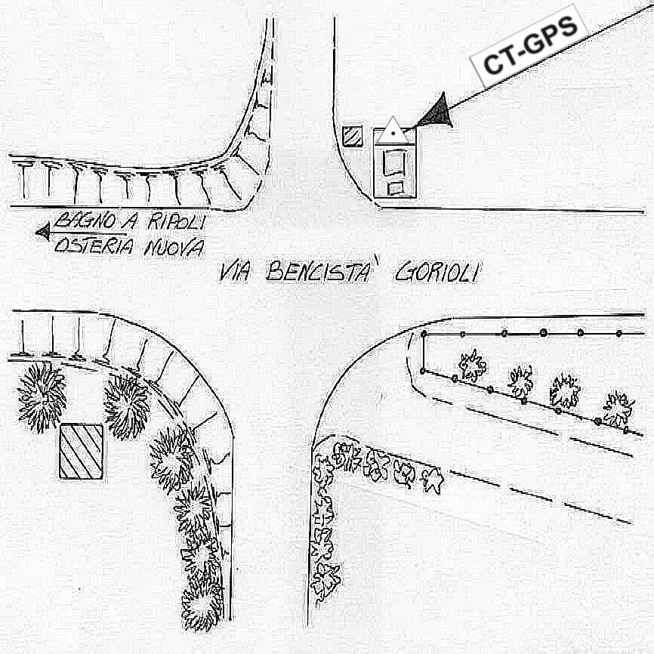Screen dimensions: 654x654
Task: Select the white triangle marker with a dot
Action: click(x=393, y=132)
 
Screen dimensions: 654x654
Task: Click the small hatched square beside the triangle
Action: click(x=352, y=136)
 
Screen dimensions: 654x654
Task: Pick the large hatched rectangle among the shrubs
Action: click(x=81, y=451)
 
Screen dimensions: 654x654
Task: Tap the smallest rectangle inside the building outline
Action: click(x=395, y=187)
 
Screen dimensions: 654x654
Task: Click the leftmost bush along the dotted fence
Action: click(x=472, y=366)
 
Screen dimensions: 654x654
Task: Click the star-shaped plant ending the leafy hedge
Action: click(x=433, y=480)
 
